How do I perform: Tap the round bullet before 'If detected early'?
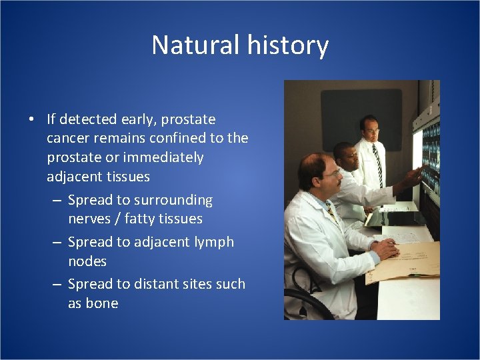(x=31, y=120)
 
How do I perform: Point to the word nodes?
(x=87, y=261)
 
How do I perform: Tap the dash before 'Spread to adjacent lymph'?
(x=57, y=242)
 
